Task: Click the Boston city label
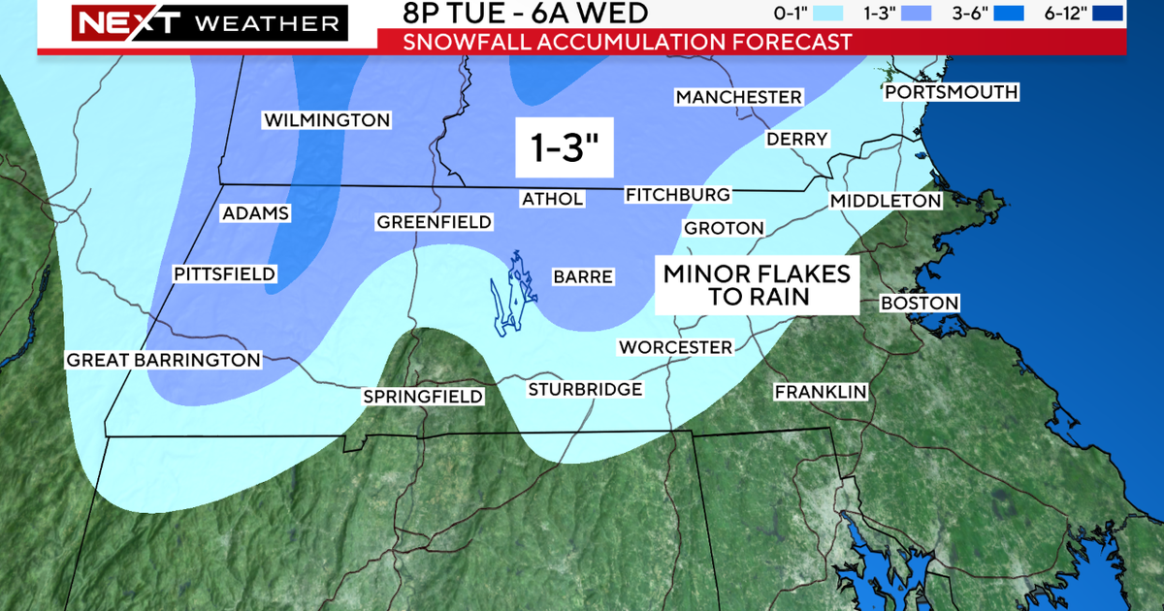[x=920, y=304]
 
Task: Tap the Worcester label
[x=676, y=347]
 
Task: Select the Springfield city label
[x=422, y=396]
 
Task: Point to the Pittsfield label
[x=225, y=274]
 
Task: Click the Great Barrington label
[x=163, y=360]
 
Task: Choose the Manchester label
[x=739, y=97]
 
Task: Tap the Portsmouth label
[x=951, y=92]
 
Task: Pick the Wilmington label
[x=327, y=120]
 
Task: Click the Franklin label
[x=820, y=392]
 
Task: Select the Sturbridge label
[x=585, y=390]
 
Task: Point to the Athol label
[x=553, y=199]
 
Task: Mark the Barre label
[x=583, y=276]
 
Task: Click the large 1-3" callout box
[x=565, y=146]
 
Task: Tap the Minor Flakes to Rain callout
[x=757, y=285]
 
